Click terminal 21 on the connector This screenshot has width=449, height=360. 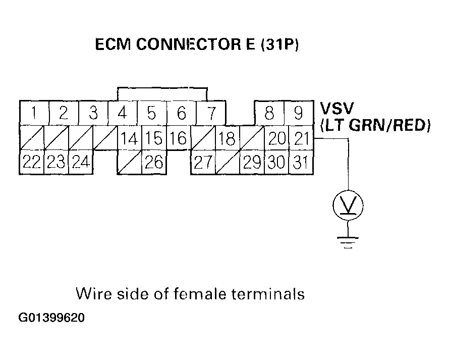tap(302, 138)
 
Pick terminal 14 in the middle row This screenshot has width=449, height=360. tap(130, 138)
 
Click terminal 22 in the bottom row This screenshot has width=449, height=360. tap(32, 163)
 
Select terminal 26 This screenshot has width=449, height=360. tap(153, 163)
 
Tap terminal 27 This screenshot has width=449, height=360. tap(203, 163)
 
